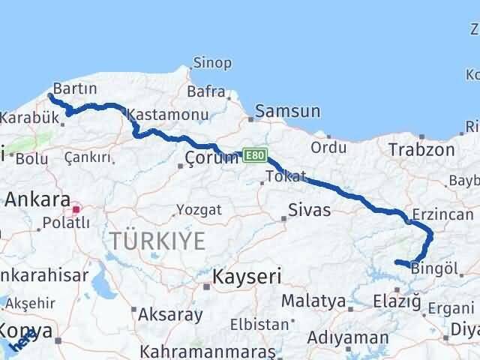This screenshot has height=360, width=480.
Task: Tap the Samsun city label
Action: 288,112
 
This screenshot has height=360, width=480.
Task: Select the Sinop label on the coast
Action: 212,63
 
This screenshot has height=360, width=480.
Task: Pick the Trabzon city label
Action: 421,149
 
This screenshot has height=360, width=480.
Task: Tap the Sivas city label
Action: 310,210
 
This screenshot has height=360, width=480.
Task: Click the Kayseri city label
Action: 247,277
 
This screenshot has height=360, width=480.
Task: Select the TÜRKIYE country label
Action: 157,241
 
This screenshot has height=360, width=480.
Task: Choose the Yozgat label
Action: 199,210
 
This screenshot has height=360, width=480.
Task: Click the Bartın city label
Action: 75,89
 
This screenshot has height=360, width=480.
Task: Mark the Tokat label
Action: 286,177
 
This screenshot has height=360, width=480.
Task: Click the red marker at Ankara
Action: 76,203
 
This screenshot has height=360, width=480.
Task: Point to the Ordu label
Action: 328,147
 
